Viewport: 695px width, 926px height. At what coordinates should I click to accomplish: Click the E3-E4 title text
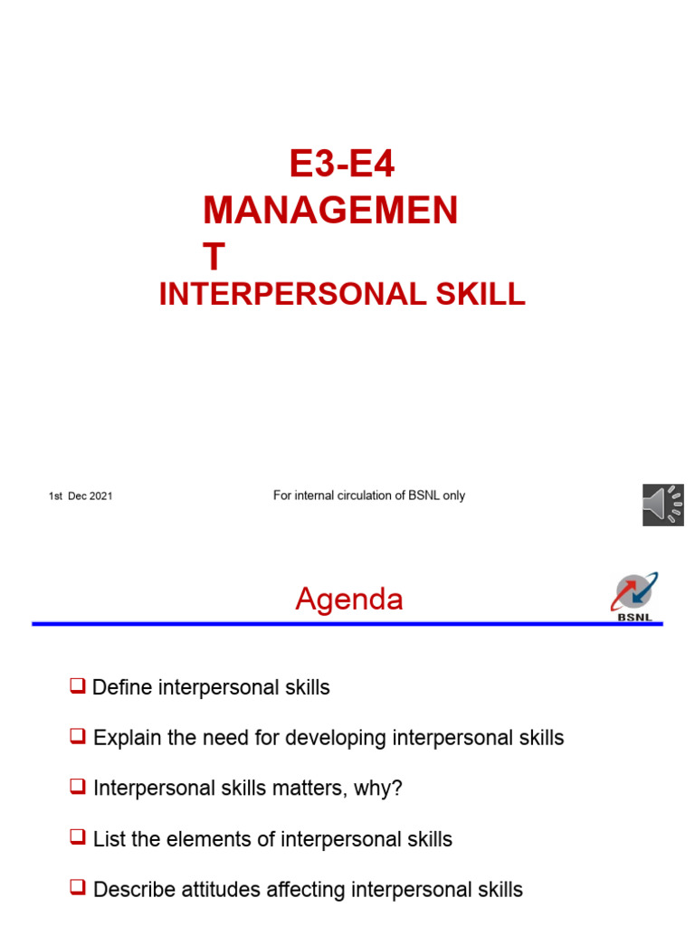tap(341, 163)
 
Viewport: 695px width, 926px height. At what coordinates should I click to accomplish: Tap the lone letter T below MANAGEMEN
tap(214, 256)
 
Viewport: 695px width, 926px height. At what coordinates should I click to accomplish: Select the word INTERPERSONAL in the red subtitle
tap(292, 294)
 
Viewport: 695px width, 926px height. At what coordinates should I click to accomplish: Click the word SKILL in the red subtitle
tap(481, 294)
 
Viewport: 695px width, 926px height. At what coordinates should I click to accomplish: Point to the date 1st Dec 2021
tap(81, 496)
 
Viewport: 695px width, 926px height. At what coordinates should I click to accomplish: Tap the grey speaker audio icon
tap(663, 505)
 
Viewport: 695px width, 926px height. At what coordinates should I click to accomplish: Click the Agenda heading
tap(349, 599)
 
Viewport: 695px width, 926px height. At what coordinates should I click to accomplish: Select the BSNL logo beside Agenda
tap(634, 597)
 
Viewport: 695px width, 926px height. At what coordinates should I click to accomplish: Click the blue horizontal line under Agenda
tap(347, 624)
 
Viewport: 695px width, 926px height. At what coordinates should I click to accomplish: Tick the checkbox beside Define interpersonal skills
tap(78, 685)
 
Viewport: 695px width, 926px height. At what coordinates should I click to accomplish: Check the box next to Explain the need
tap(78, 736)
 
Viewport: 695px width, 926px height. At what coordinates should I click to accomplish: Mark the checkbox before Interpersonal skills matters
tap(78, 787)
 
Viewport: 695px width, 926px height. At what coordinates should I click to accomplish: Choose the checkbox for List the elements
tap(78, 836)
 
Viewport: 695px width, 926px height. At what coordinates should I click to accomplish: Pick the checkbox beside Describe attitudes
tap(78, 888)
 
